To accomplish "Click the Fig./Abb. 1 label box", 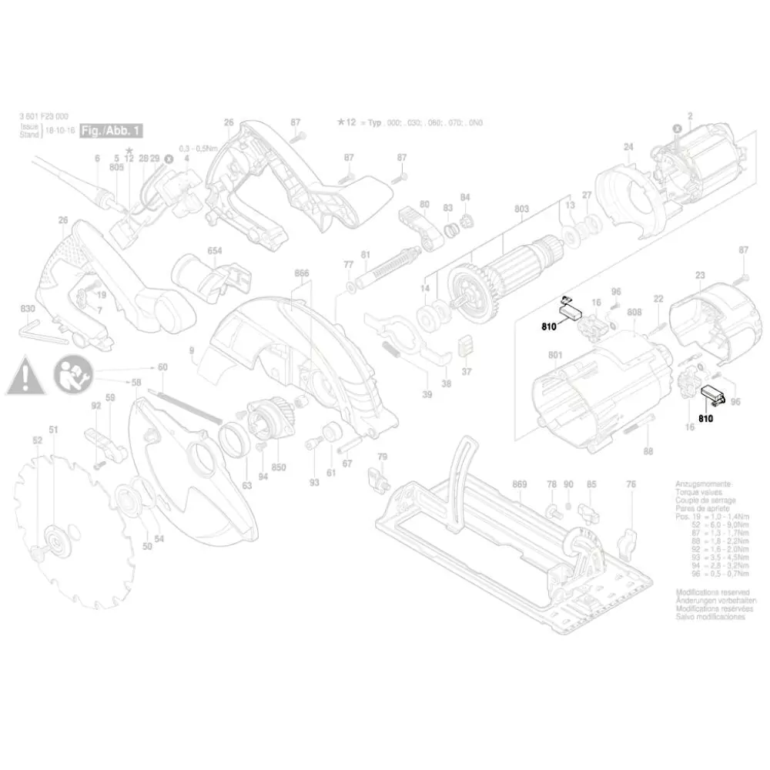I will click(x=111, y=130).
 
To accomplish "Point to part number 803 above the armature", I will click(x=521, y=209).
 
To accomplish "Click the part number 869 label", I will click(x=519, y=484).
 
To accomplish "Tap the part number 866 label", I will click(x=302, y=273).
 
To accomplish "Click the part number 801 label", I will click(x=554, y=356).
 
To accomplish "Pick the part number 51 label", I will click(x=54, y=430).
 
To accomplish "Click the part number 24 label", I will click(x=628, y=147).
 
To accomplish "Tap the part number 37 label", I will click(x=466, y=371).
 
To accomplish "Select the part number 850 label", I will click(x=278, y=467).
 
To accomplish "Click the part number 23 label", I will click(x=700, y=275).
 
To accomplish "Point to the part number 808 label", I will click(x=634, y=313).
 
